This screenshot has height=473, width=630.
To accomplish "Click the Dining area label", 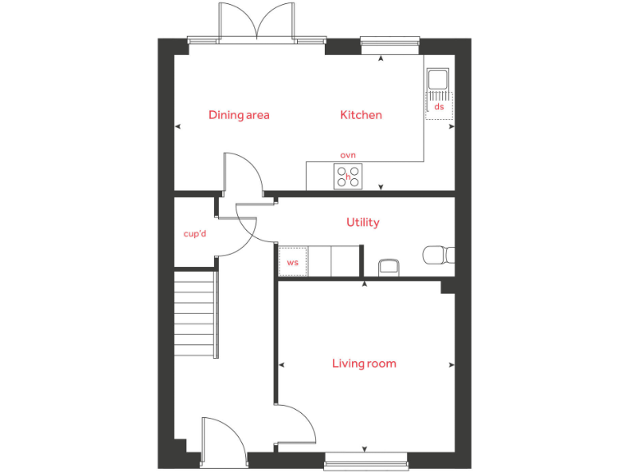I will coord(239,115).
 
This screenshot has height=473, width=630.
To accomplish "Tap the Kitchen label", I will coord(361,115).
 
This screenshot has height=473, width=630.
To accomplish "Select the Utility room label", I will coord(363,223).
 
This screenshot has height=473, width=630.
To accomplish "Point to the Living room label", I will coord(364,363).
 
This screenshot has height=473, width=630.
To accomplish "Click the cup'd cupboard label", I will coord(194,234).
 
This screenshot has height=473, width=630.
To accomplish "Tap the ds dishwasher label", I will coord(439,107).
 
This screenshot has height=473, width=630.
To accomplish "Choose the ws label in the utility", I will coord(292,263).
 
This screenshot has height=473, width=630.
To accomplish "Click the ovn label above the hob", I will coord(348,154).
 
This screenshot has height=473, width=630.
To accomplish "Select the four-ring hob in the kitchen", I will coord(348,177).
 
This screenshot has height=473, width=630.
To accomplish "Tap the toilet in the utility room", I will coord(437,255).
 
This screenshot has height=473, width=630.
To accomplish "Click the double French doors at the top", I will coord(257,23).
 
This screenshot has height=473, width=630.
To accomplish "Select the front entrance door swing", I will coord(223,439).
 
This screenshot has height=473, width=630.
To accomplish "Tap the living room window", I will coord(365,462).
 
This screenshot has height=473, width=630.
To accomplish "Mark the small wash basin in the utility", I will coord(389,268).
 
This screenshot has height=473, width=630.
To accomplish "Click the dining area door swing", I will coord(243,175).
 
